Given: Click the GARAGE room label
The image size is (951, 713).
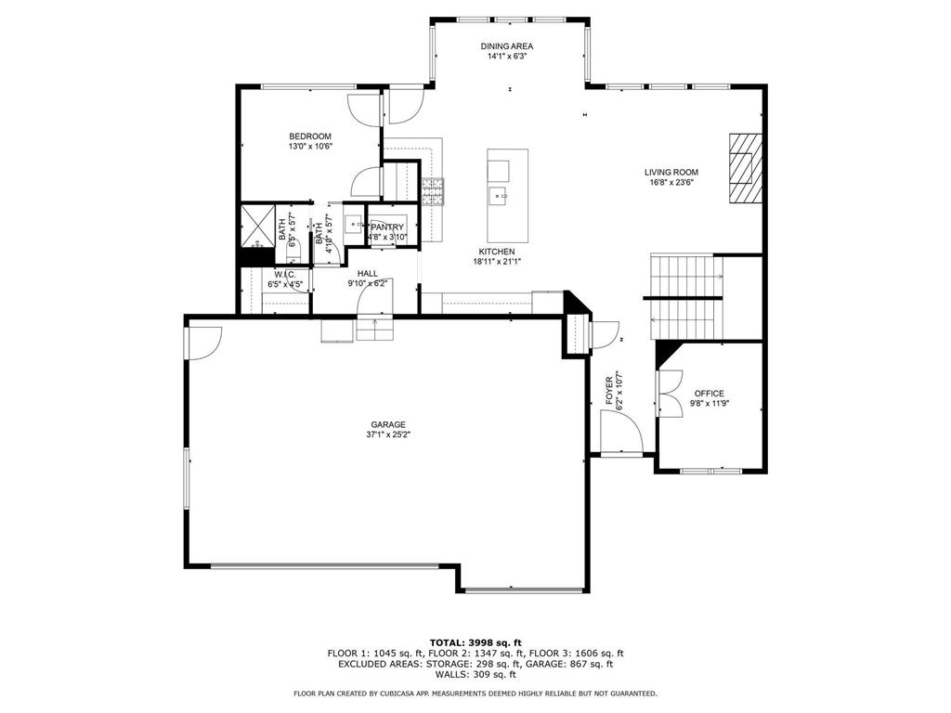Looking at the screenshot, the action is pos(388,424).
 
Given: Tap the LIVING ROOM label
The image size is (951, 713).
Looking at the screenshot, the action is pos(671,172).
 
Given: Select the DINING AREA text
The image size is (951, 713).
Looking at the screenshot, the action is pos(506,46).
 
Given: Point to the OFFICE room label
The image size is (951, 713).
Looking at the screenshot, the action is pos(709,394).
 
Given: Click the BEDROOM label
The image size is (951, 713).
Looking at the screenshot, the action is pos(310,136).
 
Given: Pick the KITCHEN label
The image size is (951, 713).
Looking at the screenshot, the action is pos(497,252).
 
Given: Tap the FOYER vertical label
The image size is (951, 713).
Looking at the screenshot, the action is pos(609,391).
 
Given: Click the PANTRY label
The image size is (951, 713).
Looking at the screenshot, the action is pos(387,227).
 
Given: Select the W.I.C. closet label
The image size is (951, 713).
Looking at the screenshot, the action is pos(285,274).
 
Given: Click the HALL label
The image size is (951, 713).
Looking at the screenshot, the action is pos(368,274).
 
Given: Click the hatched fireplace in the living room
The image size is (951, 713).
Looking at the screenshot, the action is pos(746,168).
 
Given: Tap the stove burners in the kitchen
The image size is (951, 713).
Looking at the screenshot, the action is pos(433,192).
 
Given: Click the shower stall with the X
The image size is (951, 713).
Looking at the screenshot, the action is pos(258,227).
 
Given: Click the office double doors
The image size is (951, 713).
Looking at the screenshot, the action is pos(669,393).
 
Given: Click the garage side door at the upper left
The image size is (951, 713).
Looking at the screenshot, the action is pos(204,344).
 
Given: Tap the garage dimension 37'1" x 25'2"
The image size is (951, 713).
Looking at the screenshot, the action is pos(388,434).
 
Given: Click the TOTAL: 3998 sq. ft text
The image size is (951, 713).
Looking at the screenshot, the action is pos(475,642).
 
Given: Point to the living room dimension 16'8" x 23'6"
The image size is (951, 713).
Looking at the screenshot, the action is pos(671,182).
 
